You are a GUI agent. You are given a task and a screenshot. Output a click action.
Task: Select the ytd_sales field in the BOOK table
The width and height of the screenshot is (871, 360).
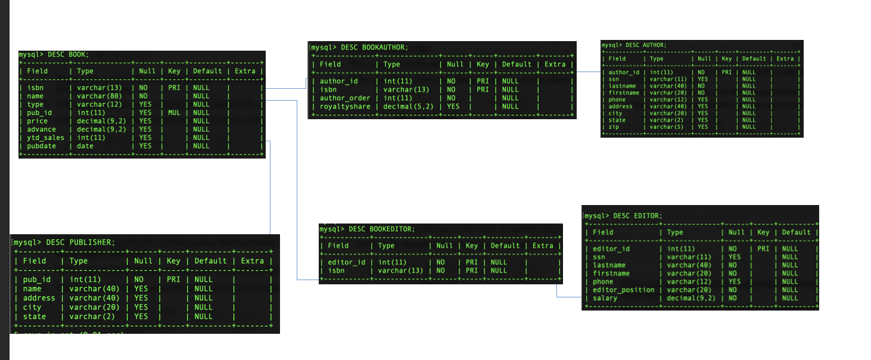[x=45, y=138]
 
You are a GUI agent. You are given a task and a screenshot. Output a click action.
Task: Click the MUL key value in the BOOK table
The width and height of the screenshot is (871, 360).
[x=173, y=113]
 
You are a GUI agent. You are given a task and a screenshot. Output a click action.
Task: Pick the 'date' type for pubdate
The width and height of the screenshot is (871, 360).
[x=85, y=146]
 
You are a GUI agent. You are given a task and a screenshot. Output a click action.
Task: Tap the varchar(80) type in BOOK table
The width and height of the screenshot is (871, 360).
[x=99, y=96]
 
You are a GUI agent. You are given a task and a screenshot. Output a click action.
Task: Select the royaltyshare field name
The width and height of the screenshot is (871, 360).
[x=345, y=107]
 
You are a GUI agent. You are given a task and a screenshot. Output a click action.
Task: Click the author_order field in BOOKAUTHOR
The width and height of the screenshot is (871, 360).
[x=345, y=98]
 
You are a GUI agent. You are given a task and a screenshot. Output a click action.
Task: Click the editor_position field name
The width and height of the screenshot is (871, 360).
[x=623, y=290]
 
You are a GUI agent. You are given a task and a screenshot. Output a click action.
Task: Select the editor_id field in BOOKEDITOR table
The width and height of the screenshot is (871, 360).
[x=347, y=262]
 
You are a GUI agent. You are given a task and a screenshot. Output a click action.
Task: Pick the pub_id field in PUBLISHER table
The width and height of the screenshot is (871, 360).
[x=36, y=280]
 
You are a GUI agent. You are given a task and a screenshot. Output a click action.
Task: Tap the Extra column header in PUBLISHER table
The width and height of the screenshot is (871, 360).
[x=252, y=261]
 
